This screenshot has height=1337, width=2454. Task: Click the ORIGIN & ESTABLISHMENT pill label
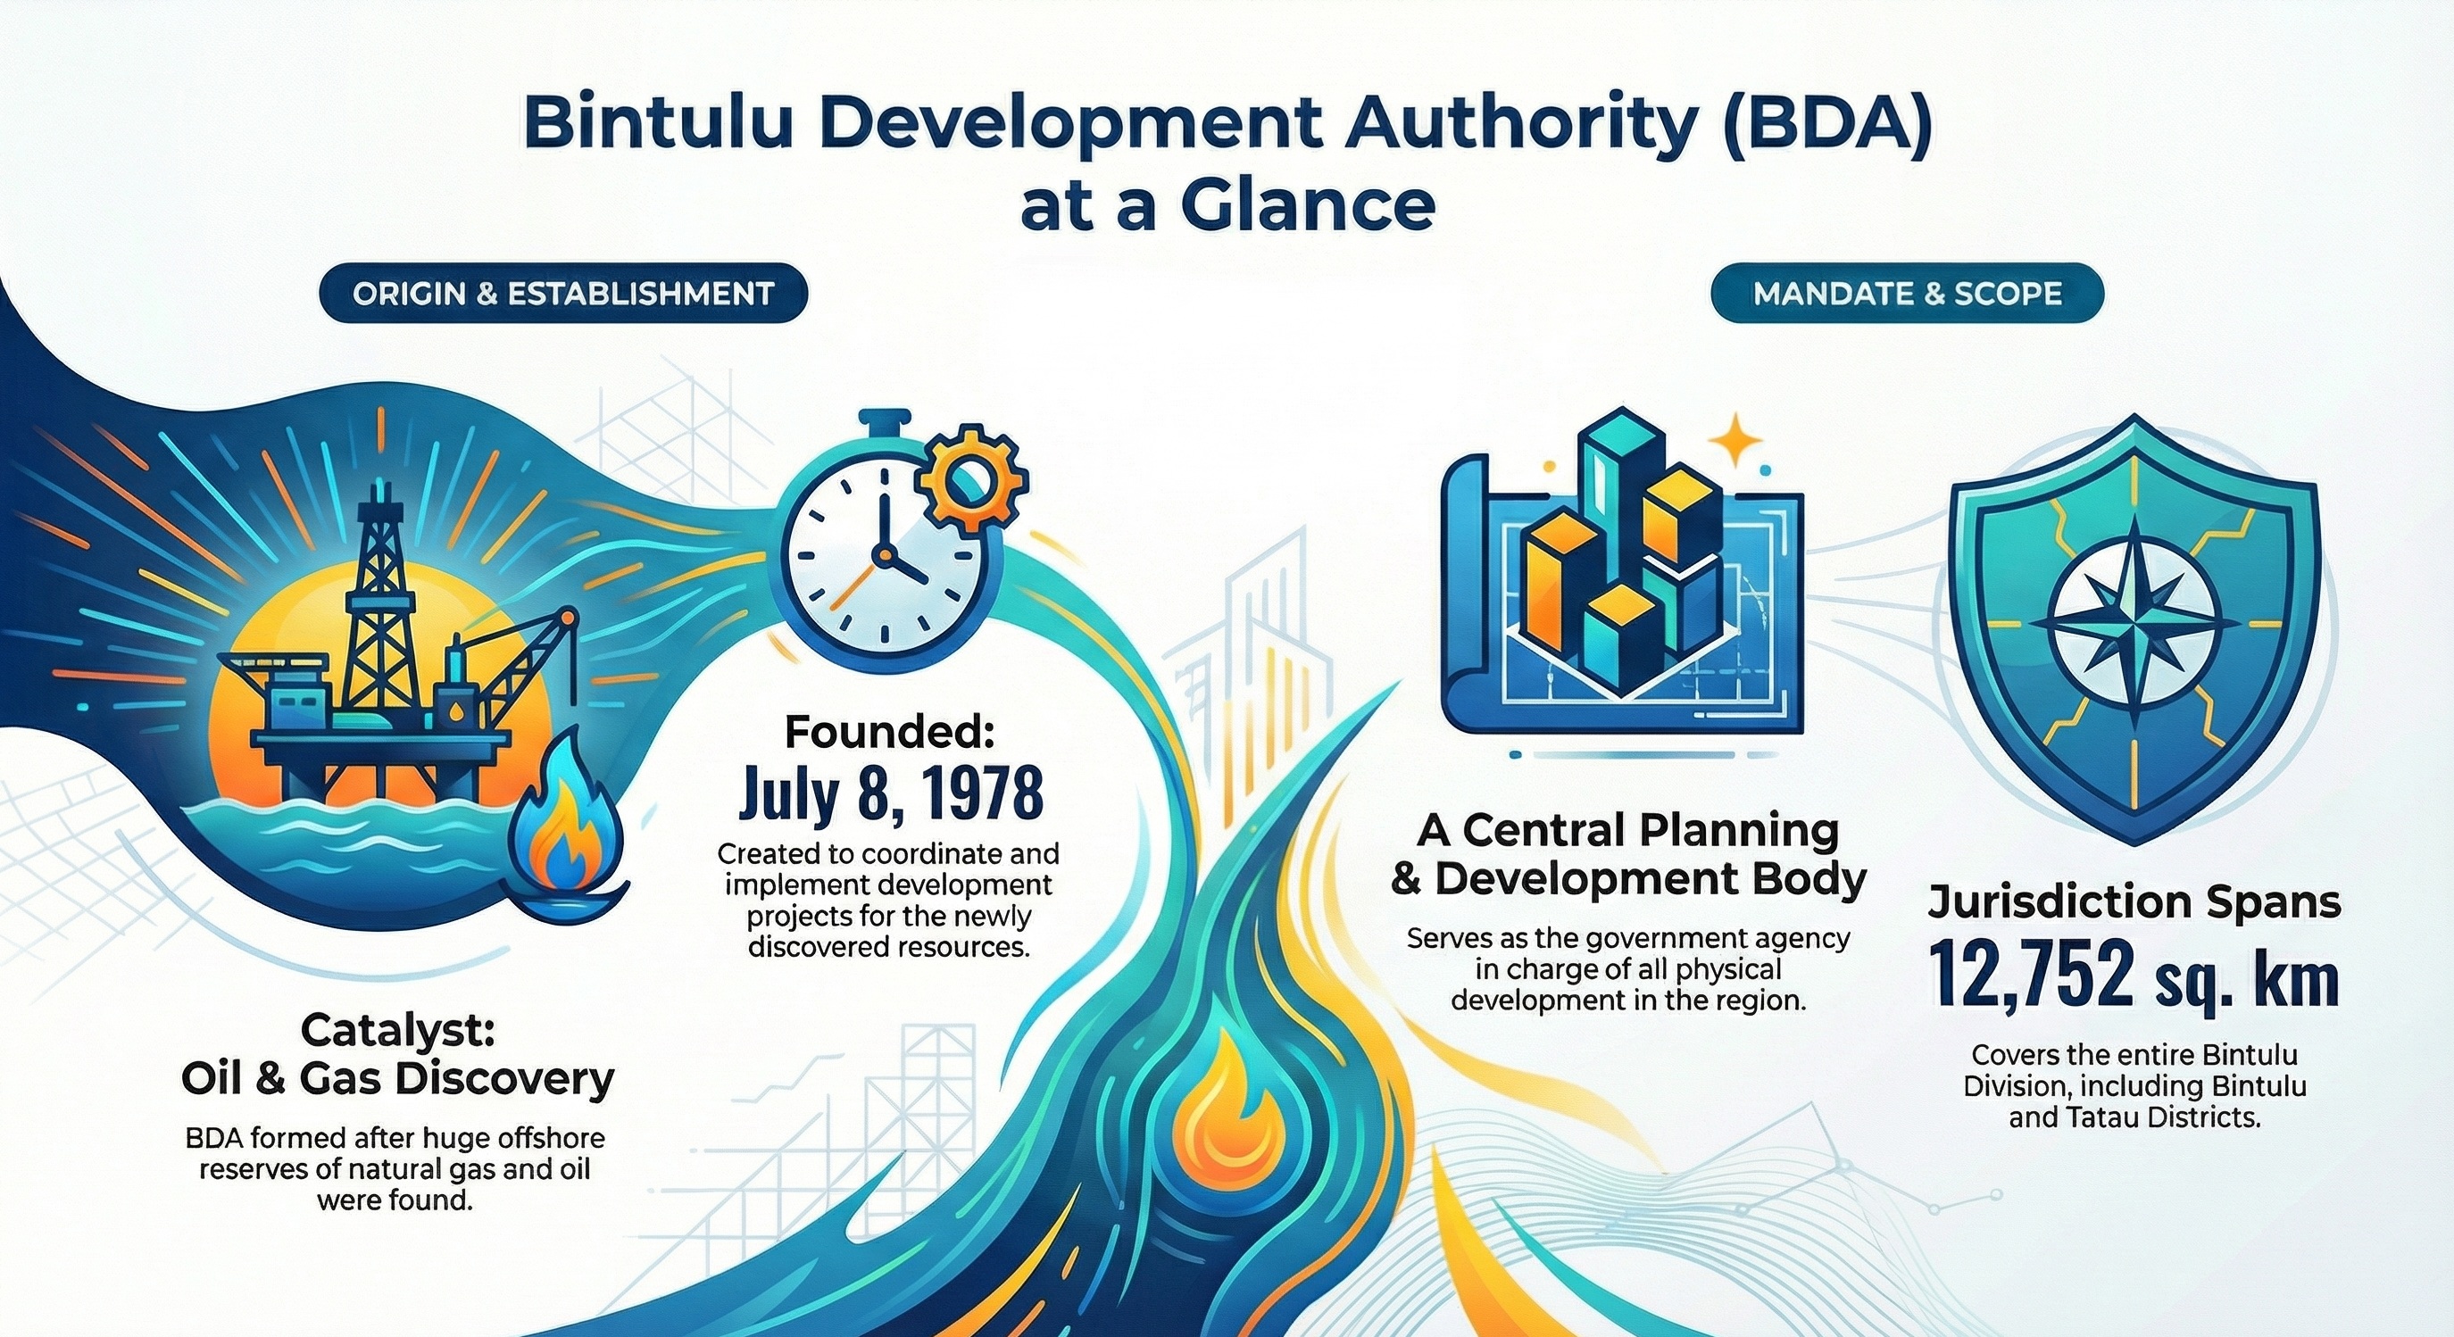pyautogui.click(x=563, y=294)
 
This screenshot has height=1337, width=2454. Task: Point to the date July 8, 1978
pyautogui.click(x=891, y=794)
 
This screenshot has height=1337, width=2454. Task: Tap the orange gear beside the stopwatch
pyautogui.click(x=974, y=480)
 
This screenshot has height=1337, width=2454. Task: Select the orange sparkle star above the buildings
pyautogui.click(x=1736, y=439)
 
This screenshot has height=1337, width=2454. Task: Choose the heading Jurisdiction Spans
pyautogui.click(x=2134, y=902)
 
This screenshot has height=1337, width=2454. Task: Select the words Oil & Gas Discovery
pyautogui.click(x=397, y=1080)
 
